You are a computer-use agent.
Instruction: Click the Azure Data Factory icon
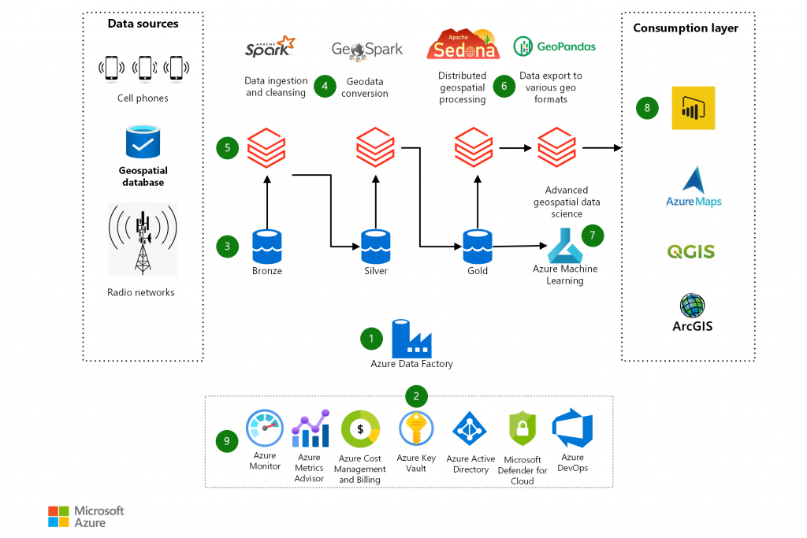pos(411,338)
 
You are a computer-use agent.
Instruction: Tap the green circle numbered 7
pos(593,234)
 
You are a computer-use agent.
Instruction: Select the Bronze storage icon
pos(267,246)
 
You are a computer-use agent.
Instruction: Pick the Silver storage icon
pos(375,246)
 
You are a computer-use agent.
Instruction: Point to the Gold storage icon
pos(477,246)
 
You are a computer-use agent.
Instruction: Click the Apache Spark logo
pos(269,48)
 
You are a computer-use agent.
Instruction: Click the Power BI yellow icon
pos(693,108)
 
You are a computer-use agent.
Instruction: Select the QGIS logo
pos(691,252)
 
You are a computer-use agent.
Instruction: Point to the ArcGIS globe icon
pos(692,306)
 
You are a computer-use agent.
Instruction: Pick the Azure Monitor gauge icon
pos(265,429)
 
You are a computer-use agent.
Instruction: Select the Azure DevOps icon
pos(572,429)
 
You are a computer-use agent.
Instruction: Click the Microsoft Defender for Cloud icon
pos(522,430)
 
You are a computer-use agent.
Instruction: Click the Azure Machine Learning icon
pos(564,245)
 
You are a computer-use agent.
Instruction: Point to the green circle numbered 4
pos(325,86)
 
